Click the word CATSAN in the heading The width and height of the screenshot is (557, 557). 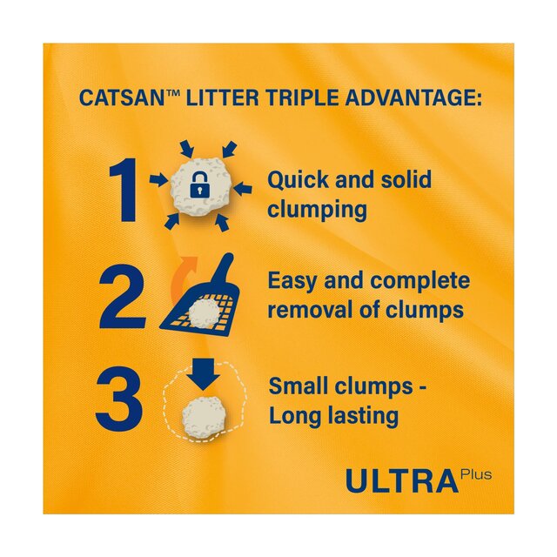click(121, 97)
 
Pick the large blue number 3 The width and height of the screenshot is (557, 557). click(120, 399)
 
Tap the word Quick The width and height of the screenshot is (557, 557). click(299, 182)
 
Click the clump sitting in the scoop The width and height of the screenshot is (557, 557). click(204, 314)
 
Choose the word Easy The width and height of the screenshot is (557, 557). click(296, 281)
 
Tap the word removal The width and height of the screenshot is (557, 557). click(306, 310)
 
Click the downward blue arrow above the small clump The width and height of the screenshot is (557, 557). click(204, 373)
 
